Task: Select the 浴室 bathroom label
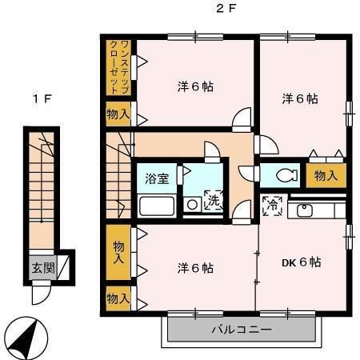pos(157,178)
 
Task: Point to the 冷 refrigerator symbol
pos(271,206)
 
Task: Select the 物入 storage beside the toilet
pos(326,174)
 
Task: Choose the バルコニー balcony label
pos(241,329)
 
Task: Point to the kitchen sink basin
pos(306,210)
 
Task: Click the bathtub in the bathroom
pos(157,206)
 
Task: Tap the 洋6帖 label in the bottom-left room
pos(195,267)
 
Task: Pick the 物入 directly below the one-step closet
pos(118,114)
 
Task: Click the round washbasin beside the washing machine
pos(192,205)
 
